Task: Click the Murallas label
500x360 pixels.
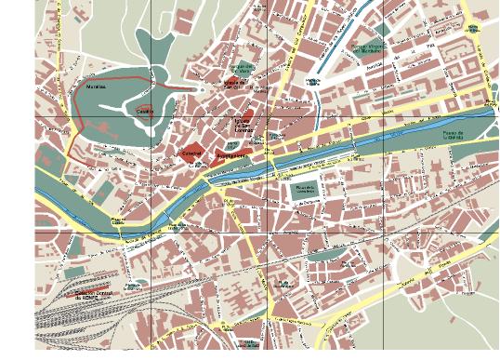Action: click(96, 87)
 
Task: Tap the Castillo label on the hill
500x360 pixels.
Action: click(144, 111)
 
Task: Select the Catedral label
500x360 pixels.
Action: click(191, 153)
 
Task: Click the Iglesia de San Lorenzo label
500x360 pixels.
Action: click(243, 125)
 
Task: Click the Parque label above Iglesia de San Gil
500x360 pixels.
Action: click(242, 68)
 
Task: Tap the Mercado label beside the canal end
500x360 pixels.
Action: click(312, 82)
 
